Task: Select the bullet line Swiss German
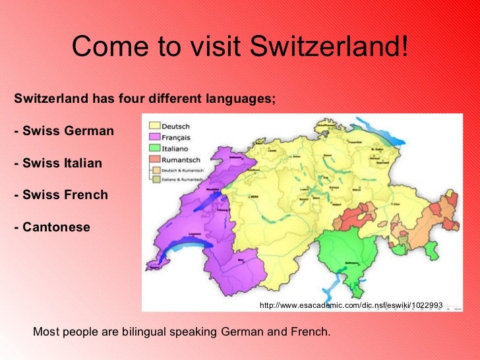click(63, 131)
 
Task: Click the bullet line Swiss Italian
click(58, 163)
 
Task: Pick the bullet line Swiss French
click(61, 195)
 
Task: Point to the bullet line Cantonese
click(51, 227)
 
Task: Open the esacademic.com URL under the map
click(351, 306)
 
